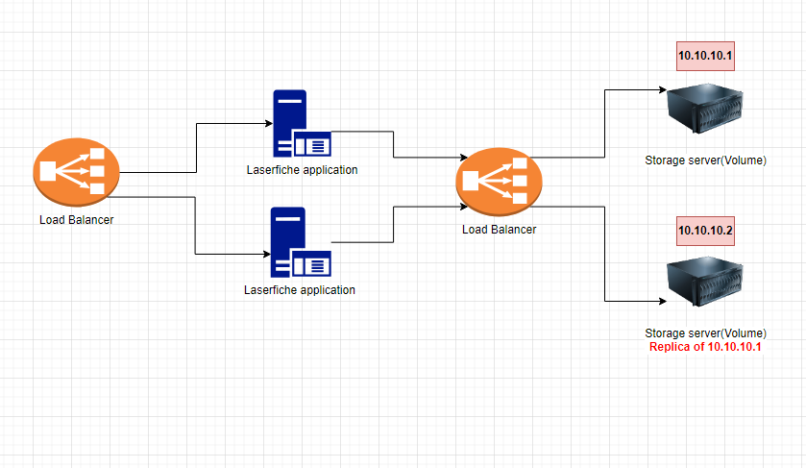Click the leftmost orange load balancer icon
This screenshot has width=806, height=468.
75,174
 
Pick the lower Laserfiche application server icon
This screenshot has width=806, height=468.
301,242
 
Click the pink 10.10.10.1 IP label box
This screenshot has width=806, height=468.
705,57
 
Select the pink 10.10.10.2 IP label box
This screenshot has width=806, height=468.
705,230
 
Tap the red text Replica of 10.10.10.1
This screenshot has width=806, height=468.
705,347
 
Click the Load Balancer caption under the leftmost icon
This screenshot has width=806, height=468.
76,220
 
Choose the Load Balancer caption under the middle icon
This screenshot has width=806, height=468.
499,229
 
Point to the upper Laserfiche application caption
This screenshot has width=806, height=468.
301,170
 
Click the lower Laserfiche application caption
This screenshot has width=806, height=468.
300,289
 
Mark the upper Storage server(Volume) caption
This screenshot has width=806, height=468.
705,160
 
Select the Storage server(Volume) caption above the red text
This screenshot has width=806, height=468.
705,333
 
